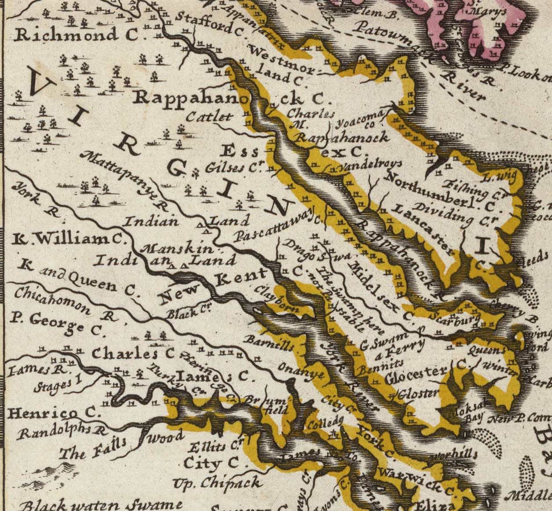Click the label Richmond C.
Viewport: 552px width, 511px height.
point(65,35)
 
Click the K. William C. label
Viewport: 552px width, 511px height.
point(68,239)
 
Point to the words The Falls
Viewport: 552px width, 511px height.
point(92,448)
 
